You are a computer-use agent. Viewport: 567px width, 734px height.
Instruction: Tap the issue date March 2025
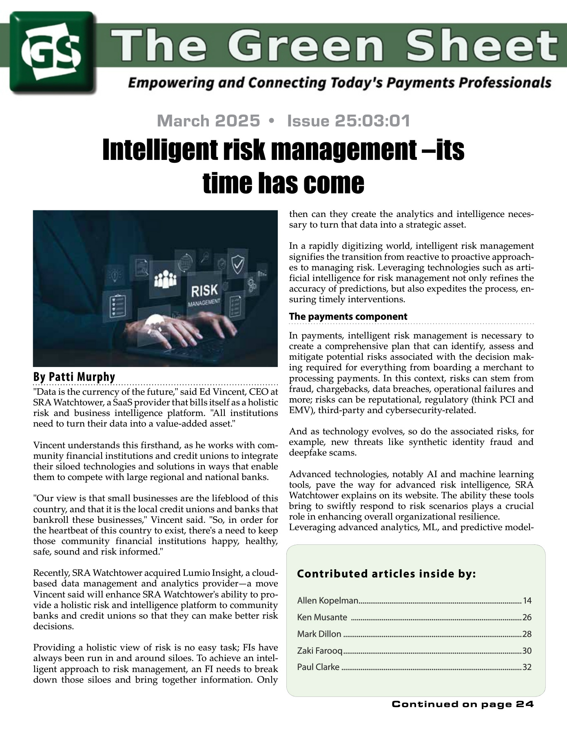coord(208,121)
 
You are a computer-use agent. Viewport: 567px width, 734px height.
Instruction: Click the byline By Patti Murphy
coord(74,376)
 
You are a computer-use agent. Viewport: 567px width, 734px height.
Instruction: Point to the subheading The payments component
coord(348,316)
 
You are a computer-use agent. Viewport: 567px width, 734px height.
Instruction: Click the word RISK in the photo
coord(205,291)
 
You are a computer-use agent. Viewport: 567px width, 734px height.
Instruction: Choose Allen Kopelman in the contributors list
coord(328,600)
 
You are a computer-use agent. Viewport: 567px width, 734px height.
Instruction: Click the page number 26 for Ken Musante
coord(527,617)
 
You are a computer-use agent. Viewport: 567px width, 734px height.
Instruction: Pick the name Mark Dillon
coord(319,634)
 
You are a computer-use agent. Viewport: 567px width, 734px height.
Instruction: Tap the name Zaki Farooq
coord(320,650)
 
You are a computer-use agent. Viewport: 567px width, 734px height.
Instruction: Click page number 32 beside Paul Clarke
coord(527,667)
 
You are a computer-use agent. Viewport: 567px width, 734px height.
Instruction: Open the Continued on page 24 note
coord(463,704)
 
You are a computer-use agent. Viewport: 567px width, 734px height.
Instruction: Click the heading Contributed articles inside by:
coord(386,574)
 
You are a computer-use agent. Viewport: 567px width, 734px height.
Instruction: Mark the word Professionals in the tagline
coord(505,83)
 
